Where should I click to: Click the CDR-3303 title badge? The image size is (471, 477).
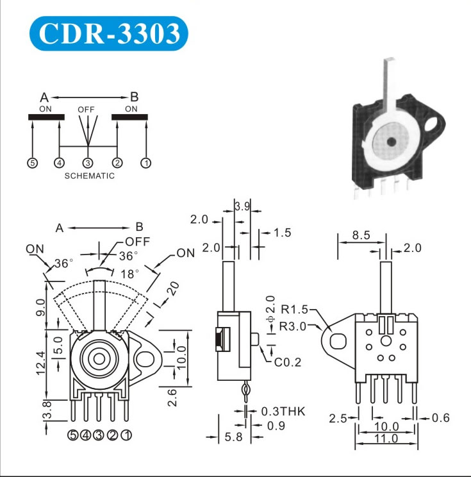coord(109,34)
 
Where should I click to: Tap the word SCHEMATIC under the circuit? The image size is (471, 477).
coord(89,176)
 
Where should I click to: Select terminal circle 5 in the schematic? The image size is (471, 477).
coord(32,163)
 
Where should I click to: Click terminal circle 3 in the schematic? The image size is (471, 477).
coord(88,163)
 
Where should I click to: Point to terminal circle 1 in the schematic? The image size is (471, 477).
coord(145,163)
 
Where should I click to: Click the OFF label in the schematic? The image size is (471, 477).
coord(86,110)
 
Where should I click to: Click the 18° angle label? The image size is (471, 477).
coord(130,273)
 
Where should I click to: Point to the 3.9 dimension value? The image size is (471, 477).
coord(242,206)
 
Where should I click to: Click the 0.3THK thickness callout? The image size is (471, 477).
coord(283,411)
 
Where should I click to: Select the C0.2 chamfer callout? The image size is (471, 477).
coord(288,363)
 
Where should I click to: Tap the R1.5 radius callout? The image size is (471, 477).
coord(295,313)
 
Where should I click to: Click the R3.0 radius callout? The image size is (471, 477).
coord(293,326)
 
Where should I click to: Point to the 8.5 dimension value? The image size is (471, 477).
coord(361,235)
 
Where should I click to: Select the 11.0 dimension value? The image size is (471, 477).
coord(386,439)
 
